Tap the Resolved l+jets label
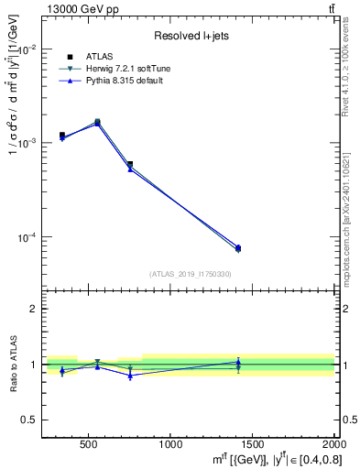[190, 36]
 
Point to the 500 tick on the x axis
[88, 445]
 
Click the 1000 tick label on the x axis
[170, 445]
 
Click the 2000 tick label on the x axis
[332, 445]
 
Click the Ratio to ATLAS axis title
[12, 365]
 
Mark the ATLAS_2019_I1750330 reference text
[190, 274]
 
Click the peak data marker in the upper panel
[97, 121]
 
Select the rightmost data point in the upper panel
[238, 248]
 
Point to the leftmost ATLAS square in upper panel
[62, 136]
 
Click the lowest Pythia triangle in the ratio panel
[130, 376]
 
